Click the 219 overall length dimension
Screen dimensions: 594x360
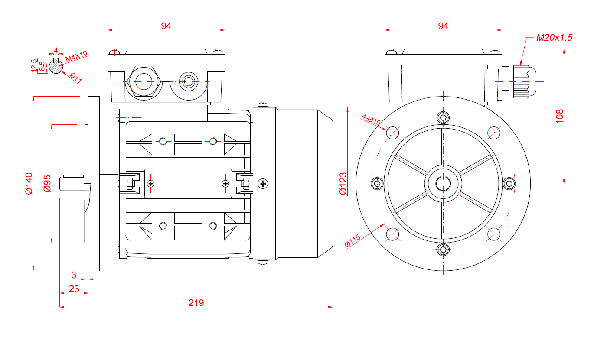[196, 302]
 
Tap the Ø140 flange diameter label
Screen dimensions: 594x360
[29, 184]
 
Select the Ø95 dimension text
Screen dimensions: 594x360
[47, 183]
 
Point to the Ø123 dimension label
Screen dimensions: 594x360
[343, 184]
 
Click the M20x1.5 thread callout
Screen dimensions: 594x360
[554, 37]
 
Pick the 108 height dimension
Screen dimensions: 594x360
[559, 116]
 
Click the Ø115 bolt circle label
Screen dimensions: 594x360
[352, 240]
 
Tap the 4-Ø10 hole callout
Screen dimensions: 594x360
[371, 120]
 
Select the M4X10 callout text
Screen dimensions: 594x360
[76, 56]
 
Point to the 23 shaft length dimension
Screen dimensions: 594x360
[74, 289]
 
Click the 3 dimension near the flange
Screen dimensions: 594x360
[74, 275]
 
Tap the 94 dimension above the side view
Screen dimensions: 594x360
[166, 26]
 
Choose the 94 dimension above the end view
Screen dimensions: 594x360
[443, 26]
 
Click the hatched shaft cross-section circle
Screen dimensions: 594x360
[56, 66]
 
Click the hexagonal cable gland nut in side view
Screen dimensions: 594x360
[144, 81]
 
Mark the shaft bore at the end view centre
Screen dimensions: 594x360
[443, 183]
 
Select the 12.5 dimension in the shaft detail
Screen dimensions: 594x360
[34, 65]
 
